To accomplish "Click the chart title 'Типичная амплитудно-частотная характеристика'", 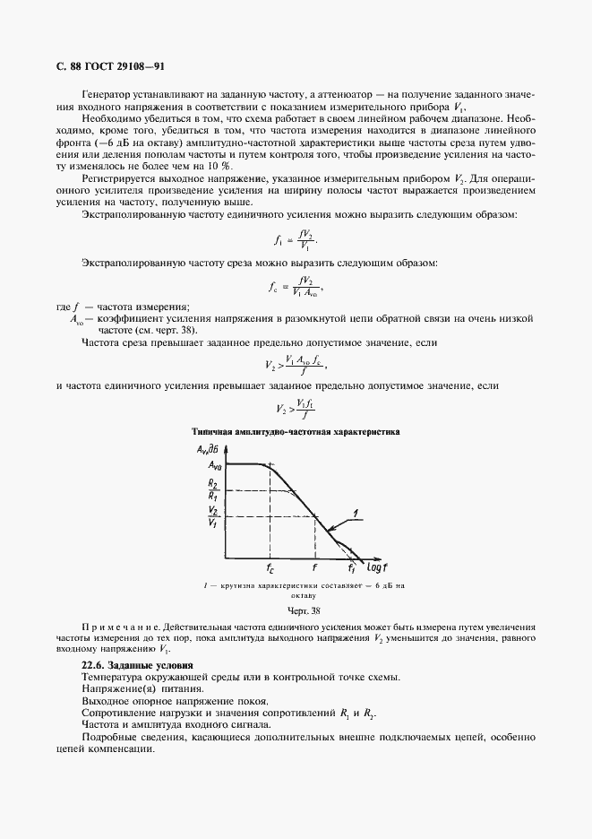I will pyautogui.click(x=295, y=431).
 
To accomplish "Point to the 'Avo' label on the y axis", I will pyautogui.click(x=215, y=465).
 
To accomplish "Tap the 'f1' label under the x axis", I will pyautogui.click(x=353, y=567).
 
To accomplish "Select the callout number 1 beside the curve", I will pyautogui.click(x=356, y=513).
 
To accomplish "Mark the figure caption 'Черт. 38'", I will pyautogui.click(x=296, y=610).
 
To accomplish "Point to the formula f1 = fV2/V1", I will pyautogui.click(x=296, y=239).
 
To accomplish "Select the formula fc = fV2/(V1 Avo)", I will pyautogui.click(x=296, y=287).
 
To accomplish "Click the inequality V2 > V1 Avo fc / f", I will pyautogui.click(x=296, y=365).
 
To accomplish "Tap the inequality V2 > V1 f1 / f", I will pyautogui.click(x=296, y=409).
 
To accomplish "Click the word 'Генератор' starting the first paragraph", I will pyautogui.click(x=107, y=95).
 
